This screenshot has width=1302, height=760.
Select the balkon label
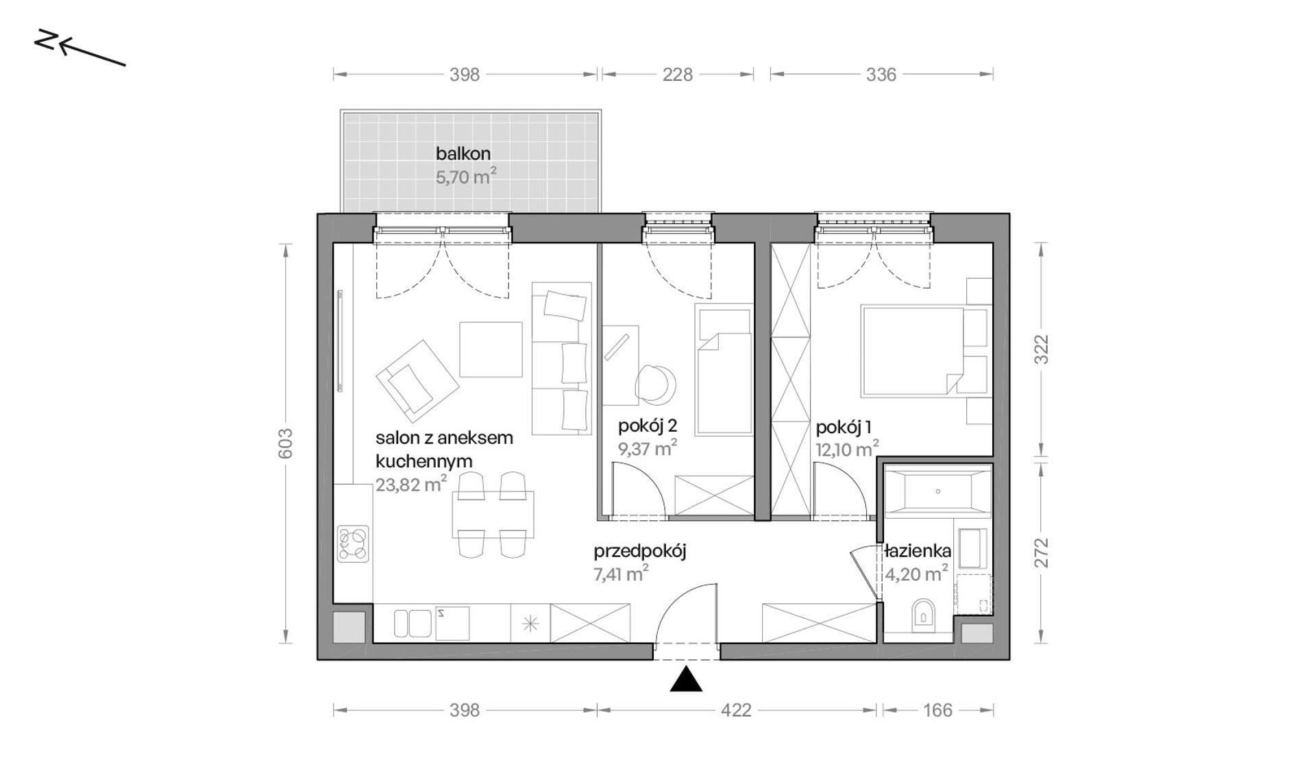click(x=463, y=154)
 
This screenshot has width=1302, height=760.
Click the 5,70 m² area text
click(x=466, y=177)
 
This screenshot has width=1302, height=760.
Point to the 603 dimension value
click(x=286, y=443)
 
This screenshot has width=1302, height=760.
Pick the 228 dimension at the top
click(x=677, y=75)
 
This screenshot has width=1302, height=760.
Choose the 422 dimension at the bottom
click(x=736, y=710)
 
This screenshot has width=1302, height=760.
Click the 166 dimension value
click(x=937, y=710)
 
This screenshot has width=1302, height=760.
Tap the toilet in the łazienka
click(x=924, y=615)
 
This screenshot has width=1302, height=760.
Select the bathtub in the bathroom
click(x=938, y=491)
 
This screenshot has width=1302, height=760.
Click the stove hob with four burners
click(x=353, y=544)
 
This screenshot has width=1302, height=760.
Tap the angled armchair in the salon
click(x=417, y=380)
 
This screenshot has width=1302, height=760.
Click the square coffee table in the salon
click(x=491, y=350)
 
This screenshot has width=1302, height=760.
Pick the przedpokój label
click(x=640, y=551)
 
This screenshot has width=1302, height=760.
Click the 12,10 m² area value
click(x=847, y=449)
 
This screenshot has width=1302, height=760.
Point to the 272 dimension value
click(x=1041, y=552)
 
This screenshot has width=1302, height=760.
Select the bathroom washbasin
click(x=972, y=548)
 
